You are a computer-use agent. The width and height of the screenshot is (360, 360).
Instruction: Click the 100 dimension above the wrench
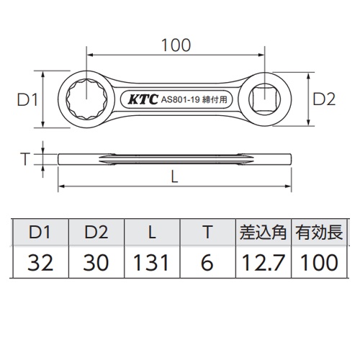coord(177,44)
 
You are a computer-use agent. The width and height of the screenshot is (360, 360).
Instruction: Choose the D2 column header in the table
coord(95,233)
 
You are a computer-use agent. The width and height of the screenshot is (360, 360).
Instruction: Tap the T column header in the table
coord(207,233)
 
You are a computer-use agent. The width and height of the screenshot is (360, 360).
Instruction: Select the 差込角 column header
coord(263,233)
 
